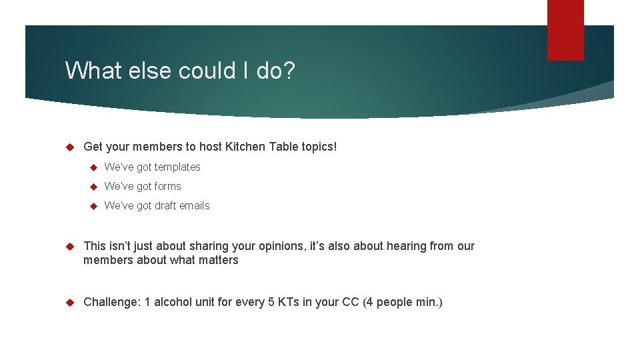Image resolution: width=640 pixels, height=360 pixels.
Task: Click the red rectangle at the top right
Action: tap(565, 29)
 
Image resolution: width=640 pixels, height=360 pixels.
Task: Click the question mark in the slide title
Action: tap(287, 70)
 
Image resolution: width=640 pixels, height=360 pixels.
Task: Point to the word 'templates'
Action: tap(177, 167)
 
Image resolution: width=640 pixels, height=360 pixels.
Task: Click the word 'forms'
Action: tap(168, 187)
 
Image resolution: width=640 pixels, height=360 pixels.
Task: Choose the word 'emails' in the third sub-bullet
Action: tap(193, 206)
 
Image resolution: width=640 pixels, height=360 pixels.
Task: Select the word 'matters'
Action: tap(217, 260)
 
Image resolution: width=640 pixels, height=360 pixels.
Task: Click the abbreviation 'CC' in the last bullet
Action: tap(351, 302)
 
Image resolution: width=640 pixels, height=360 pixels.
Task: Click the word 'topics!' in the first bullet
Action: tap(320, 147)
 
